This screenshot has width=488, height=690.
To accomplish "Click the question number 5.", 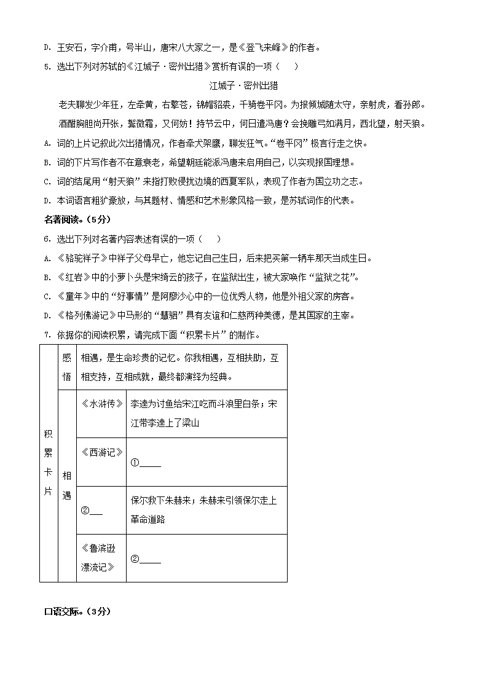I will coord(47,66).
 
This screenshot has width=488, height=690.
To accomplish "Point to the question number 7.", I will coord(47,335).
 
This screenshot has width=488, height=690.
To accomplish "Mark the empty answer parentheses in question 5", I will coord(288,66).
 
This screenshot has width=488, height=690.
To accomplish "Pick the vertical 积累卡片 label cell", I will coord(49,463).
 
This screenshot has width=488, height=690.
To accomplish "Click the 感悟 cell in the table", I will coord(66,367).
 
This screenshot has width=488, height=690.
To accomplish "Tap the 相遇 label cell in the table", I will coord(66,485).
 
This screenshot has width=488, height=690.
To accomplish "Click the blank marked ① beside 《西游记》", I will coord(150,465).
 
